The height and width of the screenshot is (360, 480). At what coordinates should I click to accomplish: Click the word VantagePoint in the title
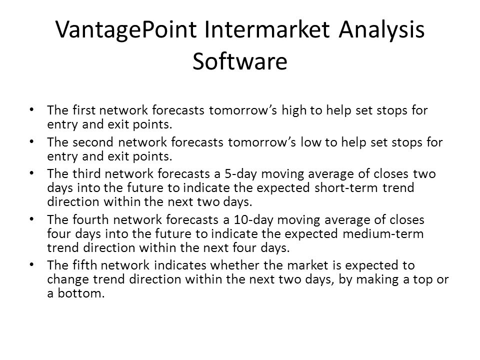[x=126, y=30]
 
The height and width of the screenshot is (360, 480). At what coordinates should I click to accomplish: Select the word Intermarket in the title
[x=267, y=29]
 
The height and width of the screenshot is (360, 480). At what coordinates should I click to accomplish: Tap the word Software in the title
[x=240, y=61]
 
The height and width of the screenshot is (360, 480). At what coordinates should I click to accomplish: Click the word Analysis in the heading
[x=381, y=30]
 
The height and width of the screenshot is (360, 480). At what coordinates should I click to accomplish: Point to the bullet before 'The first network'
[x=32, y=109]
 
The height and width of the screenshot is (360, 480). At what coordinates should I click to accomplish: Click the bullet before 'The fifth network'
[x=32, y=264]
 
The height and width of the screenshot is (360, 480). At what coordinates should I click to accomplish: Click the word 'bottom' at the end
[x=81, y=293]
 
